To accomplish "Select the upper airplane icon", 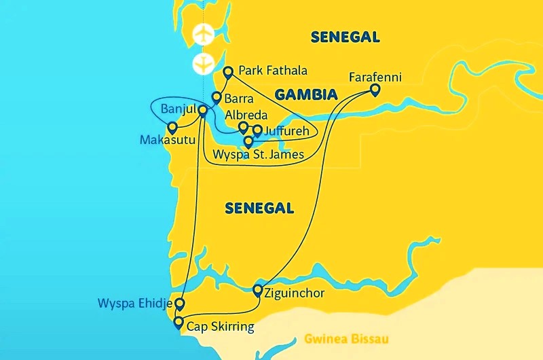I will pyautogui.click(x=203, y=34).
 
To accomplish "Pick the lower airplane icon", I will pyautogui.click(x=203, y=65).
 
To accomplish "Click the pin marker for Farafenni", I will pyautogui.click(x=375, y=89).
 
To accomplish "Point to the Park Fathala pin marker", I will pyautogui.click(x=228, y=71).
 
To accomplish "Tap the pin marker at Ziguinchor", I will pyautogui.click(x=258, y=291).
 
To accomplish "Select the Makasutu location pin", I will pyautogui.click(x=172, y=127).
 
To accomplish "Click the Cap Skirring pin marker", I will pyautogui.click(x=179, y=322).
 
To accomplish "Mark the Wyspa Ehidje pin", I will pyautogui.click(x=179, y=303).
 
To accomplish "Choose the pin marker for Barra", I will pyautogui.click(x=217, y=97).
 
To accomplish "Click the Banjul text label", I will pyautogui.click(x=179, y=109).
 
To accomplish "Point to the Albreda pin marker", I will pyautogui.click(x=243, y=126).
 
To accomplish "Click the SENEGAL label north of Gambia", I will pyautogui.click(x=345, y=37).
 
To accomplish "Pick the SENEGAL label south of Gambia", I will pyautogui.click(x=259, y=209).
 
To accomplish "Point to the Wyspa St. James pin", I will pyautogui.click(x=249, y=142).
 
